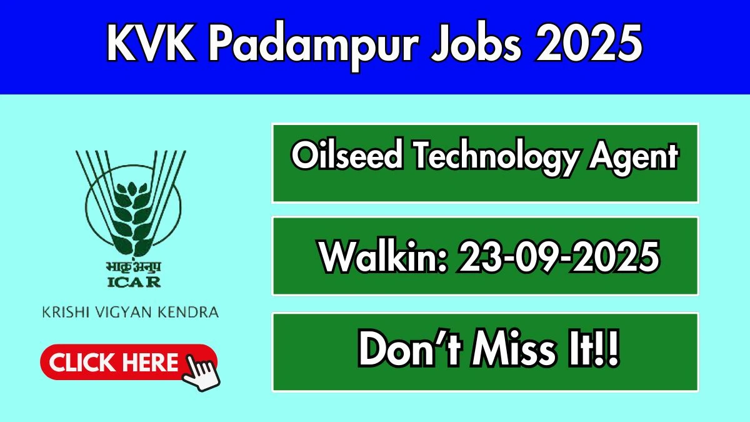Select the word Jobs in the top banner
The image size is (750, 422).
(x=476, y=43)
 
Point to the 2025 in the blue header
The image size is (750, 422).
(x=589, y=43)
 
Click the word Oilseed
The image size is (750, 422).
(x=347, y=156)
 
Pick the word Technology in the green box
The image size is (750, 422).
(x=496, y=158)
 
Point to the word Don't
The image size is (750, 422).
(x=410, y=348)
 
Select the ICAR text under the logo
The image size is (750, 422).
(x=134, y=282)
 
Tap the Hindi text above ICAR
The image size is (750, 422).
(x=134, y=266)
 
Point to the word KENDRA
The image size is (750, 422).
(x=188, y=312)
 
